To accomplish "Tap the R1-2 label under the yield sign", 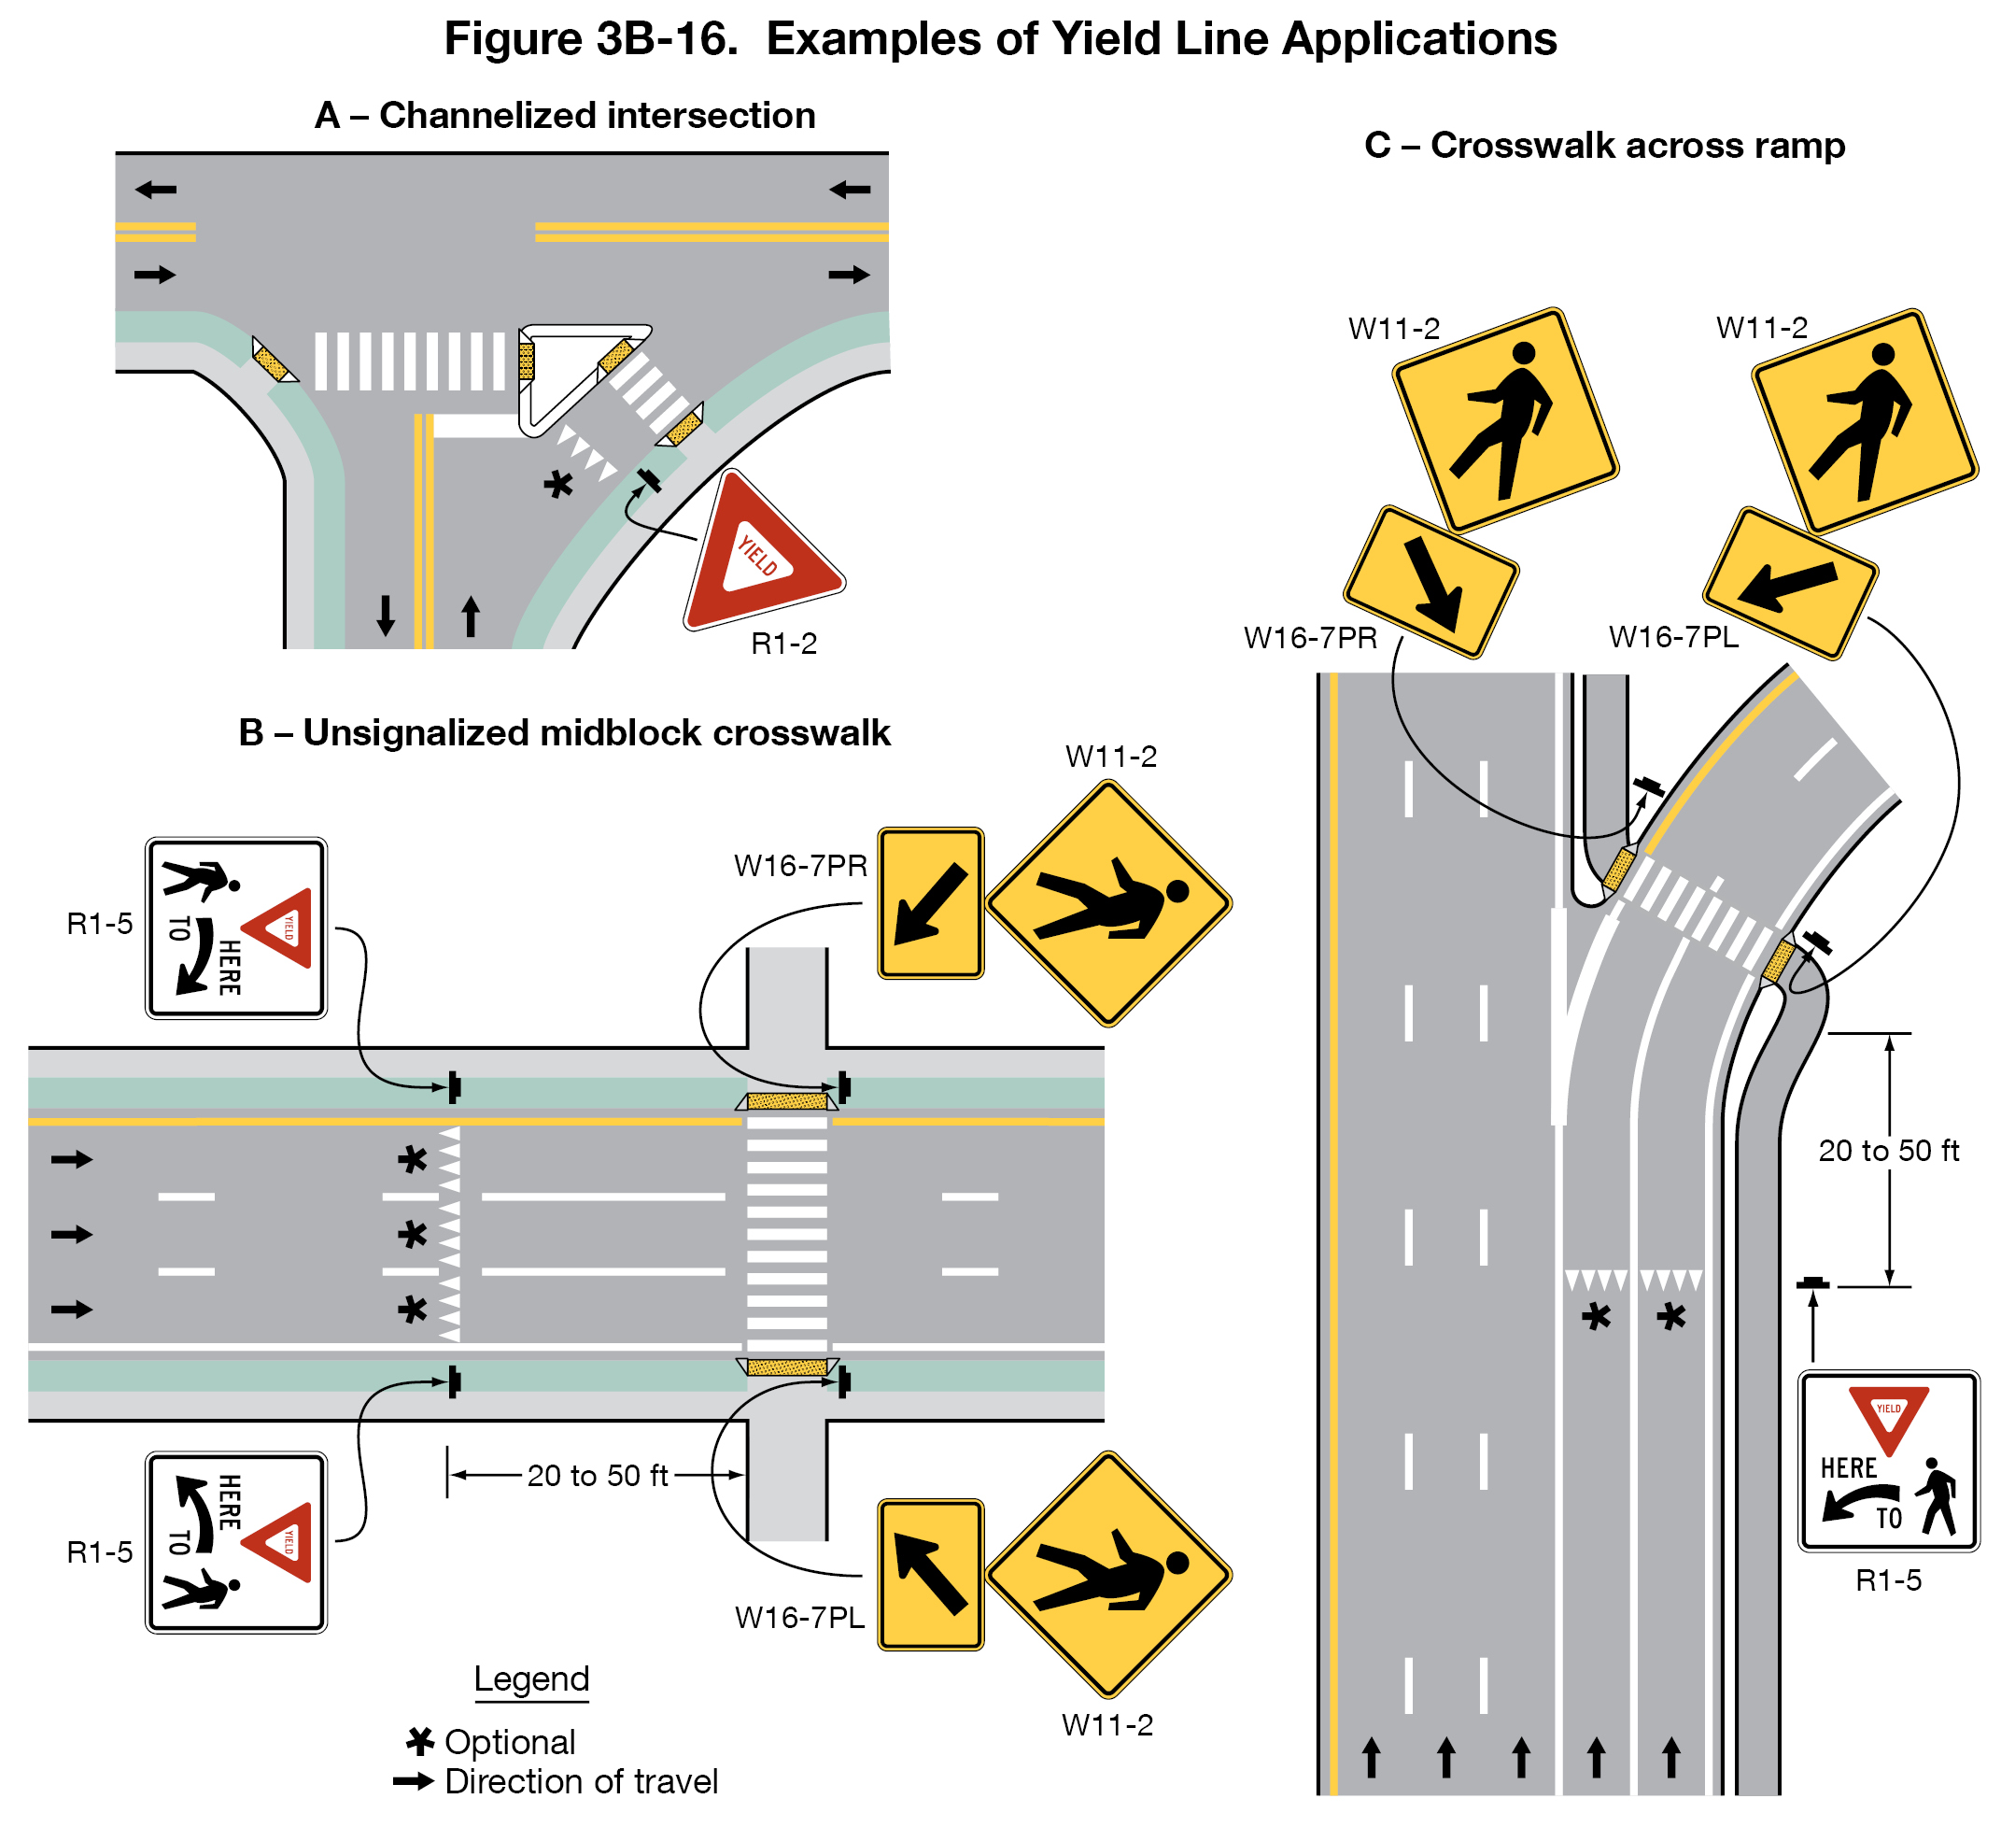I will [783, 644].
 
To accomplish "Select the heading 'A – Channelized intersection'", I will [565, 115].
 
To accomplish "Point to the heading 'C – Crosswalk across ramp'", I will [1604, 145].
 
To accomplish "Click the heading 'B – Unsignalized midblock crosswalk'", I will [564, 733].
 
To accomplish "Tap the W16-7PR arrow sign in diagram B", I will [930, 902].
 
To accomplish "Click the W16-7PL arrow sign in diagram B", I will [930, 1574].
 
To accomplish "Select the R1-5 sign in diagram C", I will [1888, 1461].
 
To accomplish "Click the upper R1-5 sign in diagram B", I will [236, 928].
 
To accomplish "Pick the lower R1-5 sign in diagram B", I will [236, 1542].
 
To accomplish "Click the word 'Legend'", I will [531, 1679].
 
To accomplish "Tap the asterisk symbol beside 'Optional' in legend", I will [420, 1741].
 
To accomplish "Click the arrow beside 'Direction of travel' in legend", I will [413, 1781].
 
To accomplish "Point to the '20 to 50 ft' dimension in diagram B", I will [597, 1476].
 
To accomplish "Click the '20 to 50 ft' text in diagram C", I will [1888, 1151].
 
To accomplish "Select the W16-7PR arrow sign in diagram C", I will [1430, 582].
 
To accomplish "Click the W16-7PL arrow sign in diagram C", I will [1790, 583].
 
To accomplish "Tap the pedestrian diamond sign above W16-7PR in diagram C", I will [1505, 419].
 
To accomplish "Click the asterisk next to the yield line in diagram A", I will [557, 485].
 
